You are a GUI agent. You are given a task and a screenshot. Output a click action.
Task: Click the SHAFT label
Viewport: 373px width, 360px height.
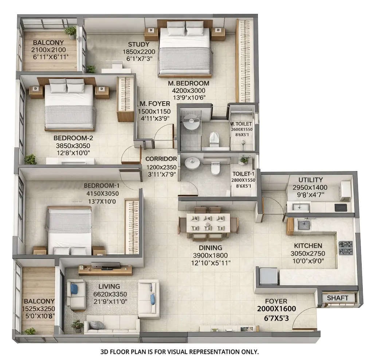(337, 298)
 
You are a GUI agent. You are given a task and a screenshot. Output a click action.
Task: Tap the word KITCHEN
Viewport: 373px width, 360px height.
(308, 246)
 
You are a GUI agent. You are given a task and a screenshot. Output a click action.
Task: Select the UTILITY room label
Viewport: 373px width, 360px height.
(310, 180)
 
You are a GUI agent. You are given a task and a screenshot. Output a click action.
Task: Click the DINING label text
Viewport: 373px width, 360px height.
(208, 248)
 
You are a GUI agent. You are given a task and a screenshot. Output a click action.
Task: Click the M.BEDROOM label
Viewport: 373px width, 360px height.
(188, 84)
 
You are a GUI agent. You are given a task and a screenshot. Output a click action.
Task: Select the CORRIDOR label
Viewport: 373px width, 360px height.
(161, 159)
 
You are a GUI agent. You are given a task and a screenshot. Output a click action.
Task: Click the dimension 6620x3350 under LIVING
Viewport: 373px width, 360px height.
(106, 294)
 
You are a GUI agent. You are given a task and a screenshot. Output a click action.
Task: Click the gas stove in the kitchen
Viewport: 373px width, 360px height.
(345, 248)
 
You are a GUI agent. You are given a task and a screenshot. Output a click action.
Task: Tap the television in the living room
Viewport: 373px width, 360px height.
(106, 265)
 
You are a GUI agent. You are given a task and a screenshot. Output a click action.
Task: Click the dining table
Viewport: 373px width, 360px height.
(208, 223)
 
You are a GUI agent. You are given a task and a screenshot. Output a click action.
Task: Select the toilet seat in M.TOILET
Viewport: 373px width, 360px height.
(214, 139)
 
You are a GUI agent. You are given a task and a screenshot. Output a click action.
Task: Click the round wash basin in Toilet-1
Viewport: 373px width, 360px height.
(192, 164)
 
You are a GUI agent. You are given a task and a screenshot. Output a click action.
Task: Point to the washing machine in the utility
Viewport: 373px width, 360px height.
(345, 191)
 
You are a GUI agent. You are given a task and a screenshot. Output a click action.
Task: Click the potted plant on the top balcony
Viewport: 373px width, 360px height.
(71, 32)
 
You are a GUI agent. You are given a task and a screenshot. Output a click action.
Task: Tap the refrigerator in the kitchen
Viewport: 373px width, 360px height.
(268, 276)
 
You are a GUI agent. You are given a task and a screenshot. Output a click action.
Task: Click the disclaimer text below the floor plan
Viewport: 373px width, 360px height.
(179, 352)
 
